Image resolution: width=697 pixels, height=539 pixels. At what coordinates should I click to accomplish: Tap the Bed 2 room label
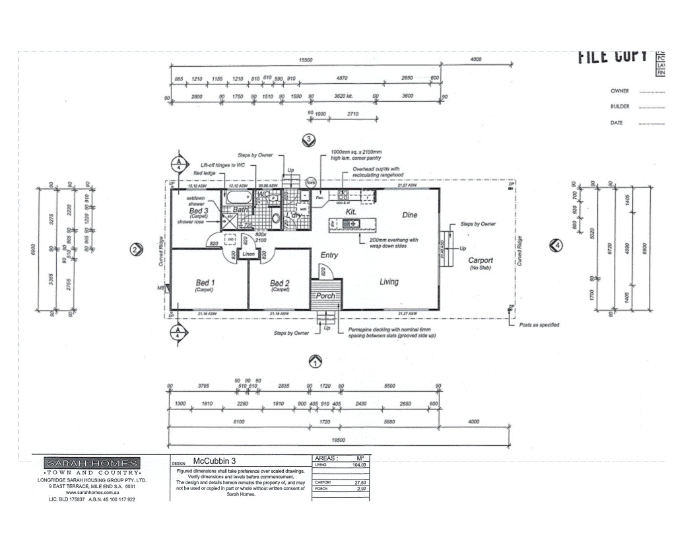(280, 283)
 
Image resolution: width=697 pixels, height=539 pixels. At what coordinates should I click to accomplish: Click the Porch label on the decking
(325, 296)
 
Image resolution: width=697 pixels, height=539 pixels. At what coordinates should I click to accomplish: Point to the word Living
(389, 282)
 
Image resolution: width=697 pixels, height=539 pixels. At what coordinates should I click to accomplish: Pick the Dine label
(409, 215)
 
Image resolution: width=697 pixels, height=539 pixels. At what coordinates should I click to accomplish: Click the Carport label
(481, 260)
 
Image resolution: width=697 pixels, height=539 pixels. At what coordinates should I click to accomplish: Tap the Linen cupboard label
(248, 254)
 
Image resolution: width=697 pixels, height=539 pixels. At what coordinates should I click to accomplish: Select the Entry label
(329, 254)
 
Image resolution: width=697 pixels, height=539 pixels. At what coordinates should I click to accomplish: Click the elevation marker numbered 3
(307, 139)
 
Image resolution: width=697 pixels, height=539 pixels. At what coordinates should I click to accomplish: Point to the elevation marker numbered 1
(315, 361)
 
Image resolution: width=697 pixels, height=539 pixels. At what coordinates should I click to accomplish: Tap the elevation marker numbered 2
(136, 249)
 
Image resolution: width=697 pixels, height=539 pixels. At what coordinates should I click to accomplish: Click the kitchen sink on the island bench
(348, 224)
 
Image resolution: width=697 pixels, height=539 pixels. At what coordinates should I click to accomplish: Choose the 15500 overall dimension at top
(305, 60)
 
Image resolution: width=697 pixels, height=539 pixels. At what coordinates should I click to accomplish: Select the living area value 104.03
(360, 465)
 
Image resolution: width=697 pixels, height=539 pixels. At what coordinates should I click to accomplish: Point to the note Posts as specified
(539, 324)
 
